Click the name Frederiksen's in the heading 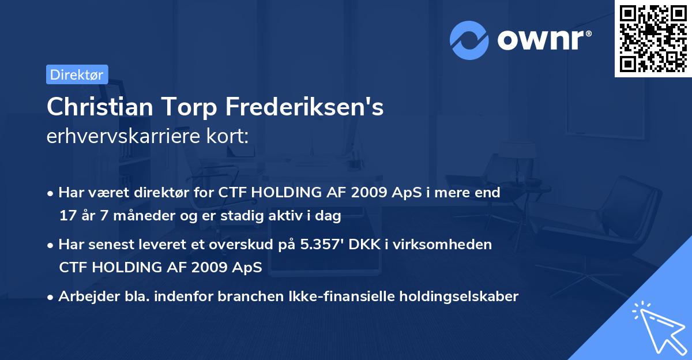(x=304, y=107)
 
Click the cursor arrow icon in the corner (x=657, y=326)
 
